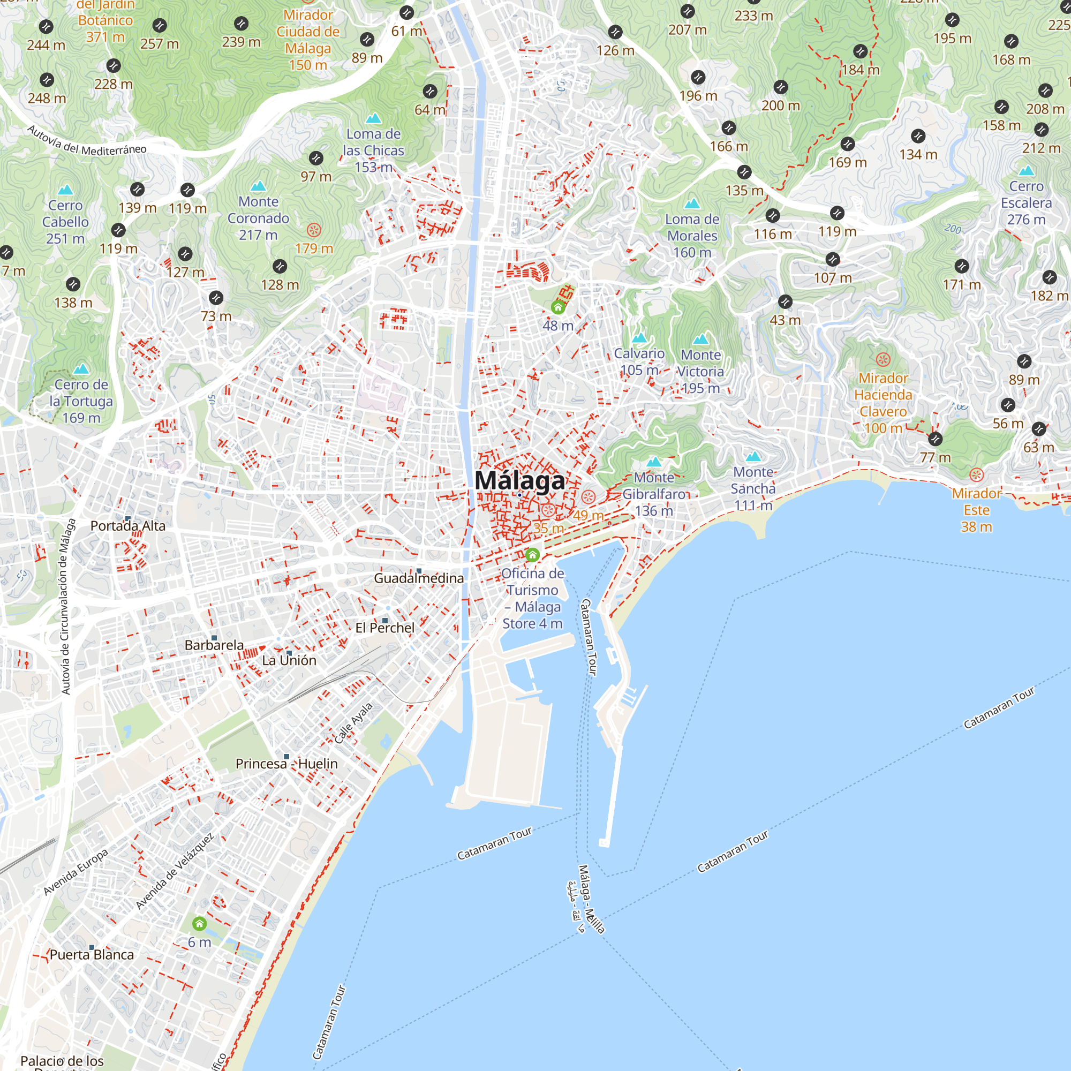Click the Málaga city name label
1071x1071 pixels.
point(519,481)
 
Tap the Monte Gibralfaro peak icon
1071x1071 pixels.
point(654,461)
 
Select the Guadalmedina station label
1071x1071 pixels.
point(419,578)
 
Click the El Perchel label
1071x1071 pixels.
point(384,628)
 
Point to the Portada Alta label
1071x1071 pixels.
point(128,525)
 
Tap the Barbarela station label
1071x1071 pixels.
point(214,645)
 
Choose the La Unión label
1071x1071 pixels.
point(289,660)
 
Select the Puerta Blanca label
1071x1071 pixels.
point(92,955)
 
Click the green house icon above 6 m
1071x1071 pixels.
point(200,924)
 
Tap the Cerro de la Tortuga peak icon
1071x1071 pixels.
point(81,368)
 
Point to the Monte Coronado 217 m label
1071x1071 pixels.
point(258,218)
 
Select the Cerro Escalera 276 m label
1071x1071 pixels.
point(1026,203)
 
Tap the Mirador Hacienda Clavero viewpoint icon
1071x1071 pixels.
point(883,359)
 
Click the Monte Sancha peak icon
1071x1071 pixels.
point(753,457)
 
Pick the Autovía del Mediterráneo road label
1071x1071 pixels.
point(87,142)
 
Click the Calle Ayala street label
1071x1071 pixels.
point(353,723)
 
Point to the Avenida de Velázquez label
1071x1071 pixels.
point(175,871)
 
